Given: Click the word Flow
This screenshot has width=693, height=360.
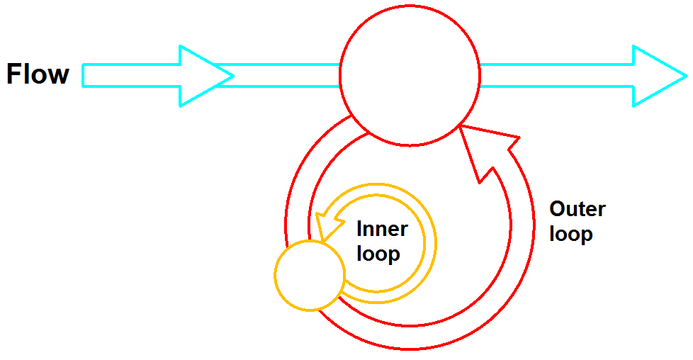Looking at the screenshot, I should pos(38,74).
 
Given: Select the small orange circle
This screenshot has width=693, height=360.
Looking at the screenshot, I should pos(309,276).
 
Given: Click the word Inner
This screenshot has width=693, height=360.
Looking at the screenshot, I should pos(382,230).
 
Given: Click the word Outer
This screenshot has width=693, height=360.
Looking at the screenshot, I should pos(577,209).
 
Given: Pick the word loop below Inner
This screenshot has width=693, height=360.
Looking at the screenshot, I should pos(378,253).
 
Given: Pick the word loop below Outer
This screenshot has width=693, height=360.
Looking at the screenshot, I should pos(571,233).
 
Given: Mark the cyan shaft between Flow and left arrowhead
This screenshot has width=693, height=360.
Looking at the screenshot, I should pos(131,75).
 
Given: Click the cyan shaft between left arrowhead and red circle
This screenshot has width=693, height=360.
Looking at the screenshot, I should pos(283,75).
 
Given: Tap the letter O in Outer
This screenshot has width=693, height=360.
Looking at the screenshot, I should pos(558,209).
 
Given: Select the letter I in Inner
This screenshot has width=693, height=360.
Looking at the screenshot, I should pos(359,230).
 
